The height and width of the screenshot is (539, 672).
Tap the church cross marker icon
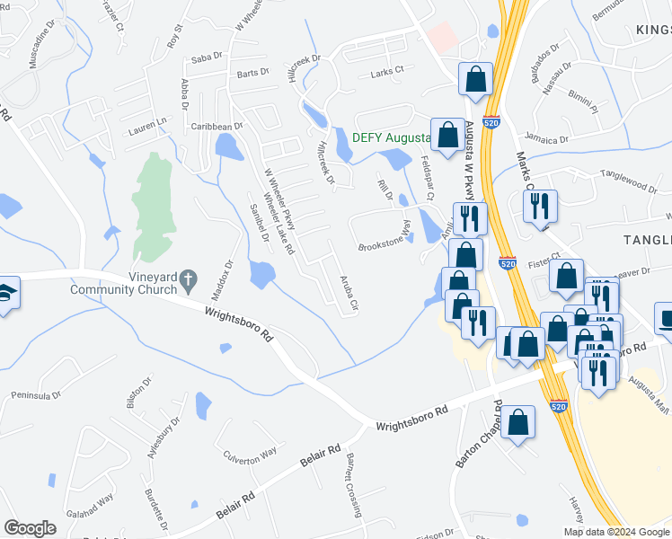click(x=188, y=281)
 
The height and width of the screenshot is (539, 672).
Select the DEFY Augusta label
click(x=390, y=137)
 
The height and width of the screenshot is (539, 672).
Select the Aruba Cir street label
click(x=349, y=292)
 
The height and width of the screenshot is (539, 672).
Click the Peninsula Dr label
click(x=36, y=394)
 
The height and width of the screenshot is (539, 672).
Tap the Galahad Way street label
click(x=93, y=499)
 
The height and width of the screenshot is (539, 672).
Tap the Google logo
click(x=31, y=527)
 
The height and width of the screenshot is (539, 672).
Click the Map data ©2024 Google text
click(x=615, y=532)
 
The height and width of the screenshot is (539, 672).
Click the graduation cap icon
click(x=4, y=295)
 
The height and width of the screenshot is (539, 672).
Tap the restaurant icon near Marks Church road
click(x=541, y=206)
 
